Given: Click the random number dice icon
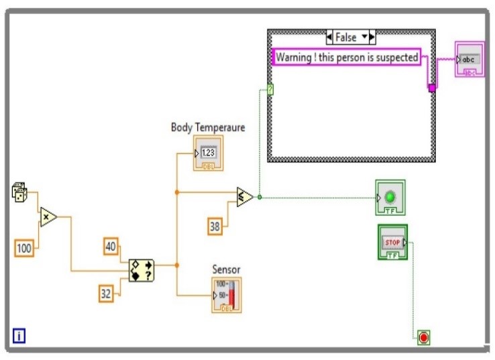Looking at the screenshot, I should pyautogui.click(x=20, y=193).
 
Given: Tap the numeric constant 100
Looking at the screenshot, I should pyautogui.click(x=24, y=249).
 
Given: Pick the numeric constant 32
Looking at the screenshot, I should pyautogui.click(x=106, y=292).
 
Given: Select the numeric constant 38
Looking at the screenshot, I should pyautogui.click(x=215, y=227).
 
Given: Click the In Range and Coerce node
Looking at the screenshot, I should pyautogui.click(x=142, y=269).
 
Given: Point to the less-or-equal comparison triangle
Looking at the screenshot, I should pyautogui.click(x=245, y=197).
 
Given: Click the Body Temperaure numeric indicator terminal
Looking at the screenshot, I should pyautogui.click(x=208, y=154).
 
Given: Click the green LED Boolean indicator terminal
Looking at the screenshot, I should pyautogui.click(x=390, y=198).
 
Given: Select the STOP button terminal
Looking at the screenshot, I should pyautogui.click(x=392, y=242).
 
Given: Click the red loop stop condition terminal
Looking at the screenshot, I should pyautogui.click(x=423, y=338).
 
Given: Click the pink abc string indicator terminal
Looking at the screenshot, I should pyautogui.click(x=470, y=59).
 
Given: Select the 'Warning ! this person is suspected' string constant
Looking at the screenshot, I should pyautogui.click(x=347, y=58).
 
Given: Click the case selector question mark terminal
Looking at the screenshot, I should pyautogui.click(x=270, y=89).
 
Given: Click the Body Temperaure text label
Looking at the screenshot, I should pyautogui.click(x=207, y=127).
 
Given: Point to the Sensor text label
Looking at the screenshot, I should pyautogui.click(x=226, y=269).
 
